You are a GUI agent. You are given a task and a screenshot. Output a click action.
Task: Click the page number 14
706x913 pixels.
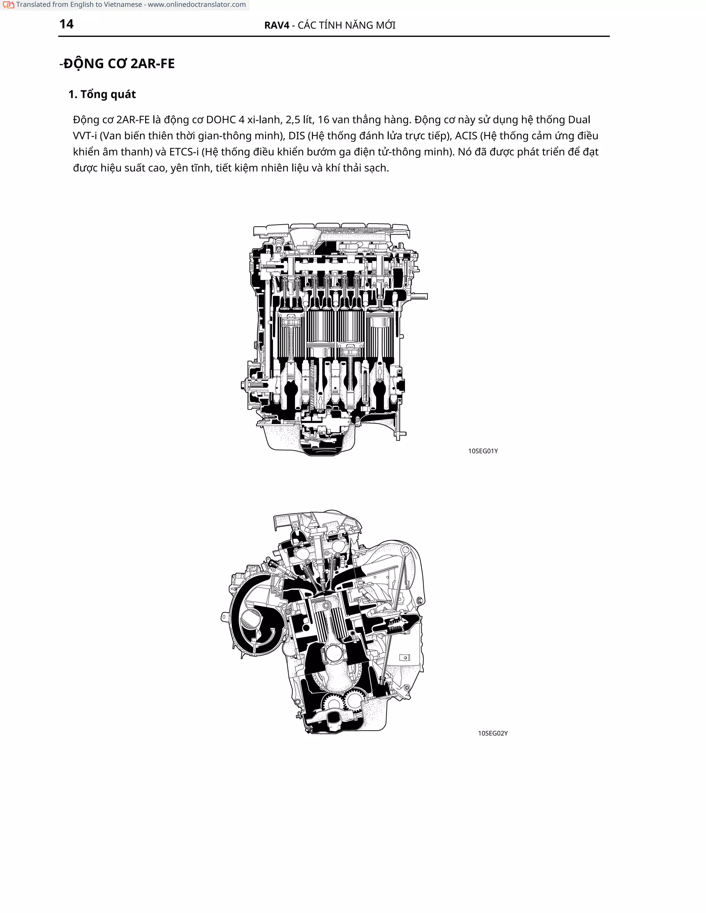point(67,24)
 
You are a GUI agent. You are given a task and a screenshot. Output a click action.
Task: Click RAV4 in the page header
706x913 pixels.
point(276,25)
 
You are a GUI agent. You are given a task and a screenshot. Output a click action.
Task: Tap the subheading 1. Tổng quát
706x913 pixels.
point(102,94)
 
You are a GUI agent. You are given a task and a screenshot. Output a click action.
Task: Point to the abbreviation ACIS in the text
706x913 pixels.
point(466,136)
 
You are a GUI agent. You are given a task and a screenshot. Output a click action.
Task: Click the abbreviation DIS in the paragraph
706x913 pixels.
point(296,136)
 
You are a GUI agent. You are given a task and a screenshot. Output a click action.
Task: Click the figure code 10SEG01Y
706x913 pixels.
point(483,451)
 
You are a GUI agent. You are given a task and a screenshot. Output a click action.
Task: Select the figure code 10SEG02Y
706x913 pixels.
point(493,733)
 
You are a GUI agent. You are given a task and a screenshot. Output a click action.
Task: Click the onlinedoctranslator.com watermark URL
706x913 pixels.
point(196,4)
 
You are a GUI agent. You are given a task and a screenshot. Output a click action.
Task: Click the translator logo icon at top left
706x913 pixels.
point(8,5)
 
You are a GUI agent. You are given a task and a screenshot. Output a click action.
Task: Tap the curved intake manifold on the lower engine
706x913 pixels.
point(253,619)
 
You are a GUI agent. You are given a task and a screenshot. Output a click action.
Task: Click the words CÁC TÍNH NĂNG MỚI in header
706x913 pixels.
point(346,25)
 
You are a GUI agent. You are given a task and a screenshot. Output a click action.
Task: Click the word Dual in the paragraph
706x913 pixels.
point(579,120)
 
